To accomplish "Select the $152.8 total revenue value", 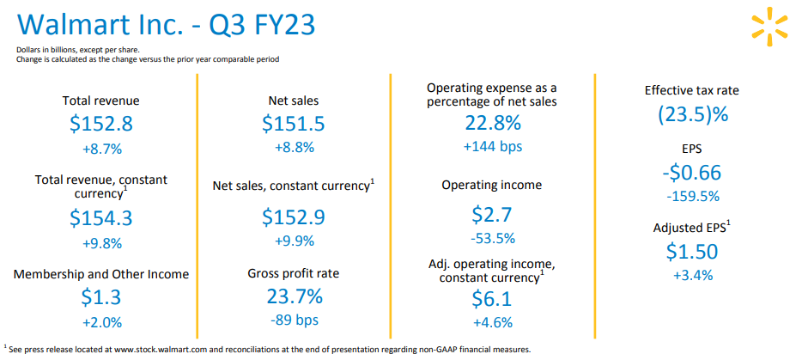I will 101,124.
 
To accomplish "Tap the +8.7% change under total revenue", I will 101,149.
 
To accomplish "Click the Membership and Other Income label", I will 101,274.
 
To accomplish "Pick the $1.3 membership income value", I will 101,297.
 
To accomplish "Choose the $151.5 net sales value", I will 294,124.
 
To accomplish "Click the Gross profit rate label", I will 294,274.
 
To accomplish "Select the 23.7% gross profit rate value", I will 294,297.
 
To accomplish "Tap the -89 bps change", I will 294,322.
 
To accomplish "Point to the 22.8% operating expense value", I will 492,122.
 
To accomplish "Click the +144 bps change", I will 492,146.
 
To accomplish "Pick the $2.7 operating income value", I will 492,214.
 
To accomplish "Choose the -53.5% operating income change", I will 492,238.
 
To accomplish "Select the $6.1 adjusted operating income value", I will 492,298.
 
